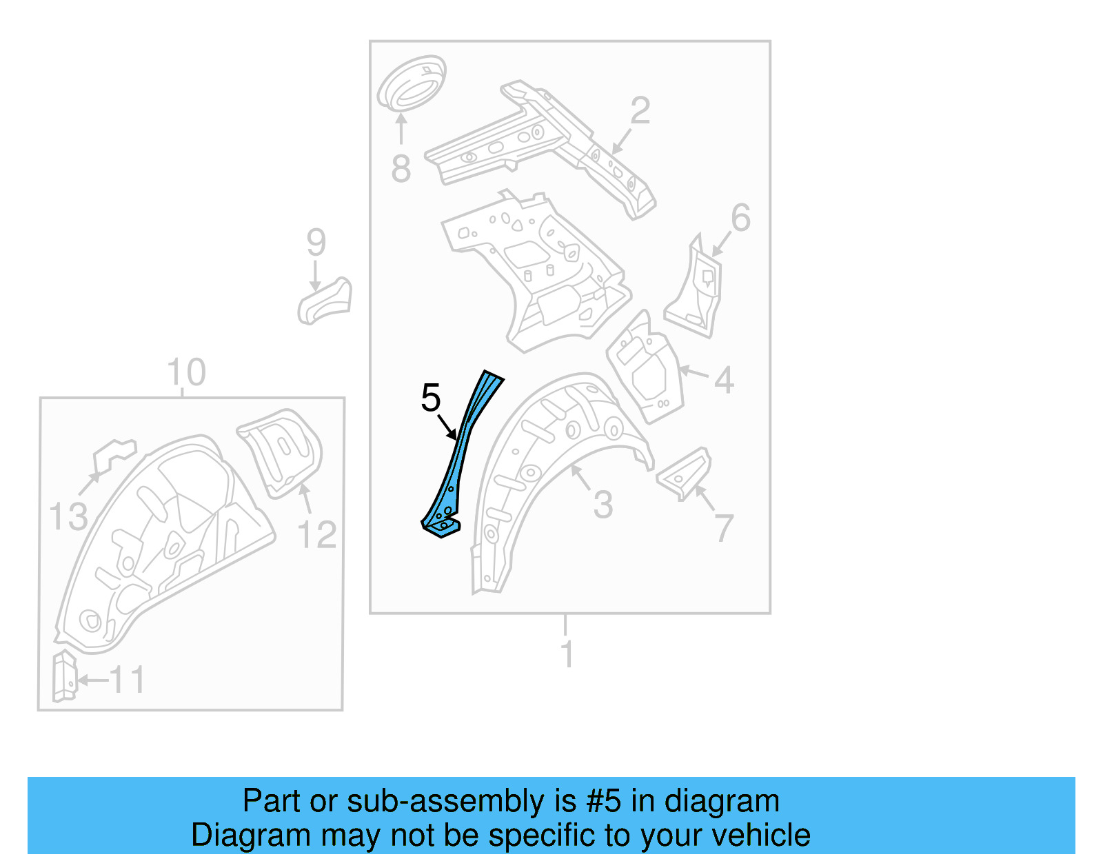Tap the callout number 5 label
430,398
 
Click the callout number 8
401,169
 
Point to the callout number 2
640,111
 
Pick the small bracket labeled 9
325,301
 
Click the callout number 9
316,243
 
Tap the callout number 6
740,218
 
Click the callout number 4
724,380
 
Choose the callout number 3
603,505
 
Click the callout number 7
724,529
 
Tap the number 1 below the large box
567,654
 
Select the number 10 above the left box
186,373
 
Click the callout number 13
68,517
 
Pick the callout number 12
317,535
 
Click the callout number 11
128,680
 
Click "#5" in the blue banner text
604,801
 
